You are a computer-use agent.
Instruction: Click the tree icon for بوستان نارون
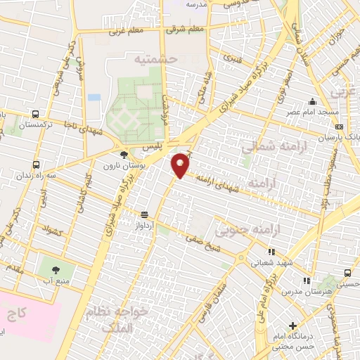click(124, 155)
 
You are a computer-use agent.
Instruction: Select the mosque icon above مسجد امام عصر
click(311, 102)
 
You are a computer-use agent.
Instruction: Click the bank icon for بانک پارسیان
click(340, 127)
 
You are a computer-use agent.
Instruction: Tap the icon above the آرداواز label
click(145, 214)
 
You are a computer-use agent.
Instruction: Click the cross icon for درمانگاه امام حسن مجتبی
click(293, 326)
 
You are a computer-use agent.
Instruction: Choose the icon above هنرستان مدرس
click(311, 279)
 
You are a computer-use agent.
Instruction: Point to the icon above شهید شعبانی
click(270, 252)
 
